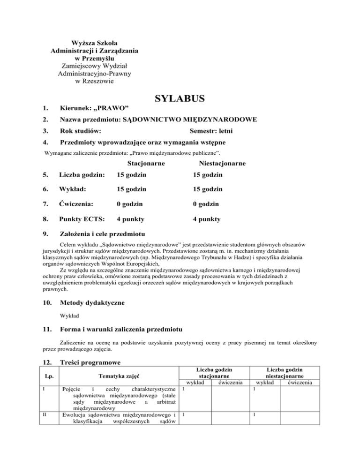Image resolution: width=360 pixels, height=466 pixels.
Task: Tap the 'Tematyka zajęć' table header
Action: click(x=117, y=376)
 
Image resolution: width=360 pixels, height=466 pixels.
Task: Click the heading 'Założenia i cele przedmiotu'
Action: click(x=103, y=234)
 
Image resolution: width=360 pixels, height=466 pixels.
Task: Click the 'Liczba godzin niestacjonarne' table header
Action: click(x=284, y=372)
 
